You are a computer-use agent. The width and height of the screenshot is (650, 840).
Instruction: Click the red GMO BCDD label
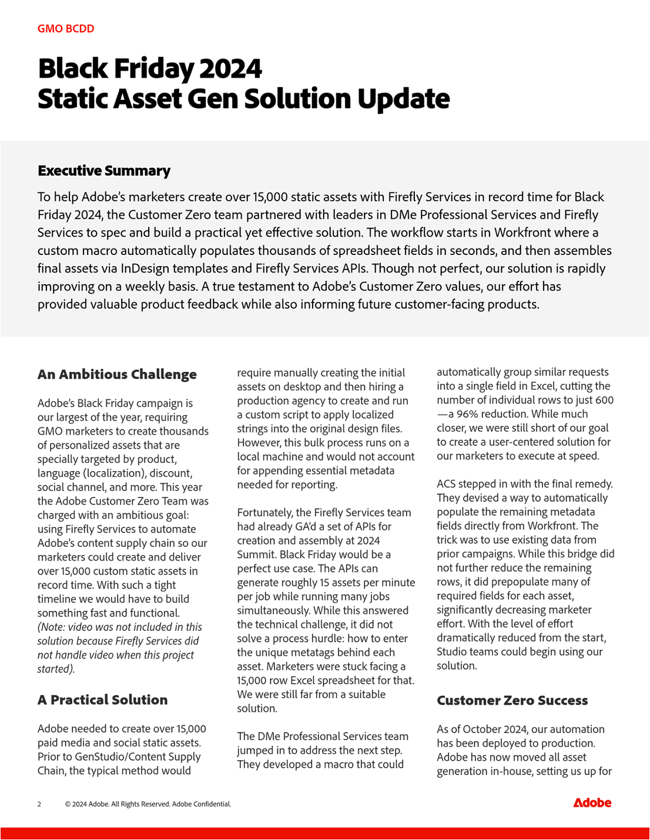pos(66,29)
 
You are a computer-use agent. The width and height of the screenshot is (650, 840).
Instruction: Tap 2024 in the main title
pos(230,69)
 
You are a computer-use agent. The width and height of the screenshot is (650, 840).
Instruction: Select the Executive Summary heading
pos(104,171)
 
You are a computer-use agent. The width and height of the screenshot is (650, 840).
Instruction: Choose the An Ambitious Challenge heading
pos(117,375)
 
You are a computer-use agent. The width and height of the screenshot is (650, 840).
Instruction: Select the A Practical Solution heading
pos(102,700)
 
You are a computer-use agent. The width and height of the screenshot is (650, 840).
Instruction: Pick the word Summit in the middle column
pos(255,555)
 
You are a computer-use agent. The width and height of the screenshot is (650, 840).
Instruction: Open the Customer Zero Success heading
pos(512,701)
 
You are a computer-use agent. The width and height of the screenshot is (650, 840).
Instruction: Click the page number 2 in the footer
pos(39,804)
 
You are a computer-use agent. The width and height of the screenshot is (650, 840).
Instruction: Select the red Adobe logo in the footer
pos(592,803)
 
